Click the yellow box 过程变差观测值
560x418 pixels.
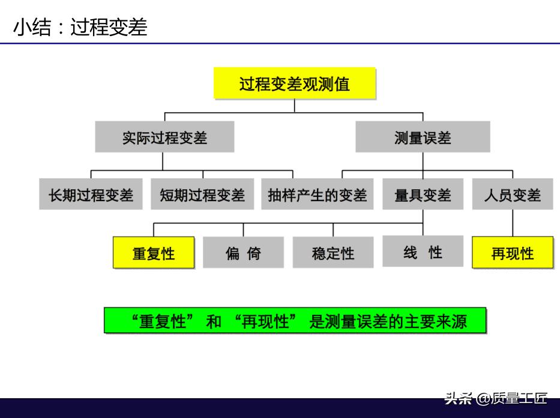295,83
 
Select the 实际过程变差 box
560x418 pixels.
164,137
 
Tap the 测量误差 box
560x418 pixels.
423,137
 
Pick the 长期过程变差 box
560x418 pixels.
91,194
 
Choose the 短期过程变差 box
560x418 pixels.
202,194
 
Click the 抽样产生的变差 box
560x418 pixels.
317,194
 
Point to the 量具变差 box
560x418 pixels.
423,194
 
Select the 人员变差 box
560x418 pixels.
513,194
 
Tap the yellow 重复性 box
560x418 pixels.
154,252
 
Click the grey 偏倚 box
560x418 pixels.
243,252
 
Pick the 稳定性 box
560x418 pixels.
333,252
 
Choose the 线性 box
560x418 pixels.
423,251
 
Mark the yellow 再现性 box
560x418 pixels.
513,252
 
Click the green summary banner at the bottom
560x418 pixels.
295,321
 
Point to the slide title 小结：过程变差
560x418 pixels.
80,27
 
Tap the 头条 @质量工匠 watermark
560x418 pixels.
496,398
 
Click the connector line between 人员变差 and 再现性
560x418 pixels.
513,223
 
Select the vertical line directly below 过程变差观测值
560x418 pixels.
295,106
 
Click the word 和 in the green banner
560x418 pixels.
214,321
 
